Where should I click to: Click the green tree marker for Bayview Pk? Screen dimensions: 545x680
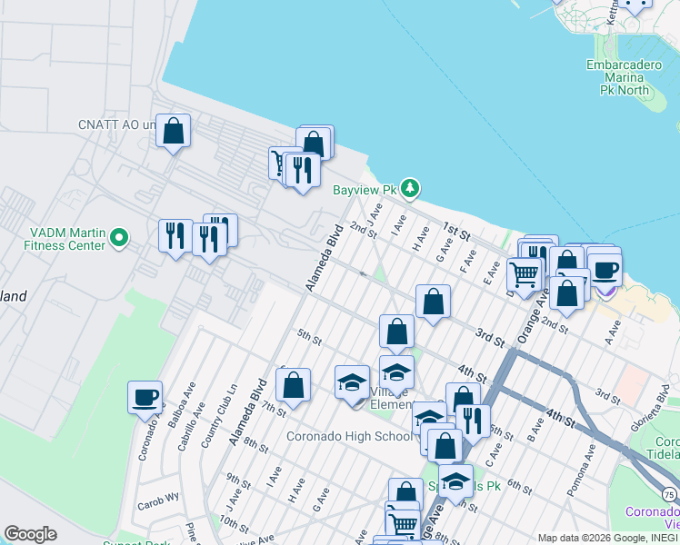click(411, 189)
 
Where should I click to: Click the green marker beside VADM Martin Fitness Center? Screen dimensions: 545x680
click(118, 238)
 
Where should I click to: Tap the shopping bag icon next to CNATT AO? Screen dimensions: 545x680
click(173, 131)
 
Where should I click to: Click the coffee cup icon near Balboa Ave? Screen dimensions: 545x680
click(145, 397)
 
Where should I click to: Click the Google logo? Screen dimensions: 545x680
click(30, 533)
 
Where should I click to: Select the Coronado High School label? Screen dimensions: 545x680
click(349, 436)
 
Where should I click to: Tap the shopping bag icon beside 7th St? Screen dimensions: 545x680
click(294, 385)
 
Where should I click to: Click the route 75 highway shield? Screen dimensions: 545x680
click(669, 494)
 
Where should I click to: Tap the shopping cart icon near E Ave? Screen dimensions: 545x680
click(524, 272)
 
